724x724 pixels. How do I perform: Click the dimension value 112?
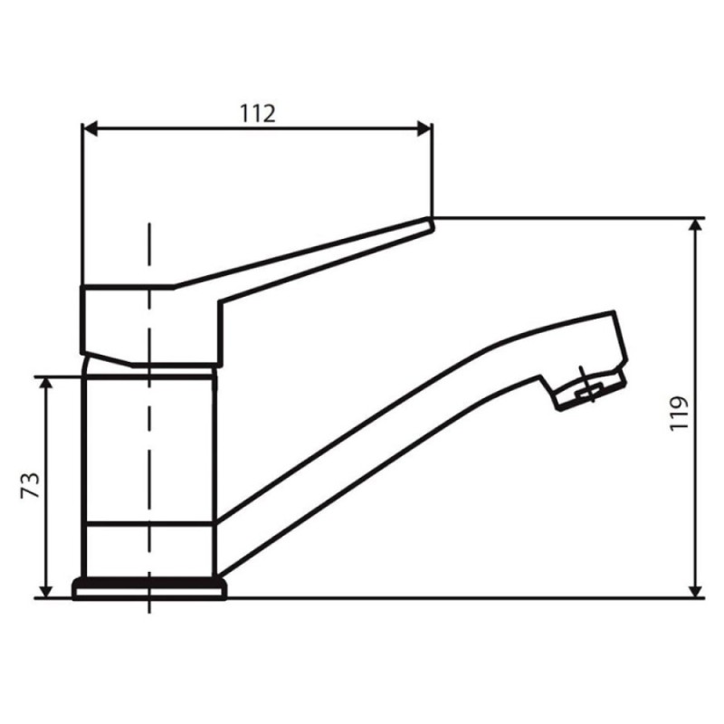click(258, 114)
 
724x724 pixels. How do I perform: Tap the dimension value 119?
click(679, 414)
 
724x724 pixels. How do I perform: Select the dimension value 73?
click(31, 485)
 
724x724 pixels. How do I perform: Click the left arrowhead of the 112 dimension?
click(90, 129)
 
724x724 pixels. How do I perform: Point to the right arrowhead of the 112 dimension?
click(424, 129)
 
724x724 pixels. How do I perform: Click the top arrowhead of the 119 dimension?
click(695, 224)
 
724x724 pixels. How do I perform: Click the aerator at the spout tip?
click(591, 390)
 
